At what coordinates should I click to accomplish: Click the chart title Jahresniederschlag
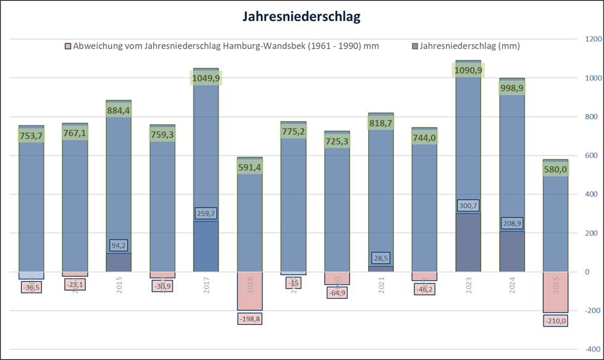(302, 17)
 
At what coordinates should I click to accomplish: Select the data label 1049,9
(206, 78)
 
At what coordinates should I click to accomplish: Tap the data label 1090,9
(468, 70)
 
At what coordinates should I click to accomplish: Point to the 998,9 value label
(512, 88)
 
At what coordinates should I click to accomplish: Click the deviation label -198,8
(250, 319)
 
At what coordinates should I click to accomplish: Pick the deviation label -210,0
(556, 320)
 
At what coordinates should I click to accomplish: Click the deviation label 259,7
(206, 214)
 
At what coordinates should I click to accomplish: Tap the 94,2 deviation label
(119, 246)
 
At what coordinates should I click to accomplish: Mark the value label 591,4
(250, 167)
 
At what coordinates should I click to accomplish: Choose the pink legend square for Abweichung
(68, 46)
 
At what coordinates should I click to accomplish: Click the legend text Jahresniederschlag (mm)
(469, 46)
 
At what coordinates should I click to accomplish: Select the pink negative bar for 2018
(250, 291)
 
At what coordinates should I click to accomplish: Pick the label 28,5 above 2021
(381, 258)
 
